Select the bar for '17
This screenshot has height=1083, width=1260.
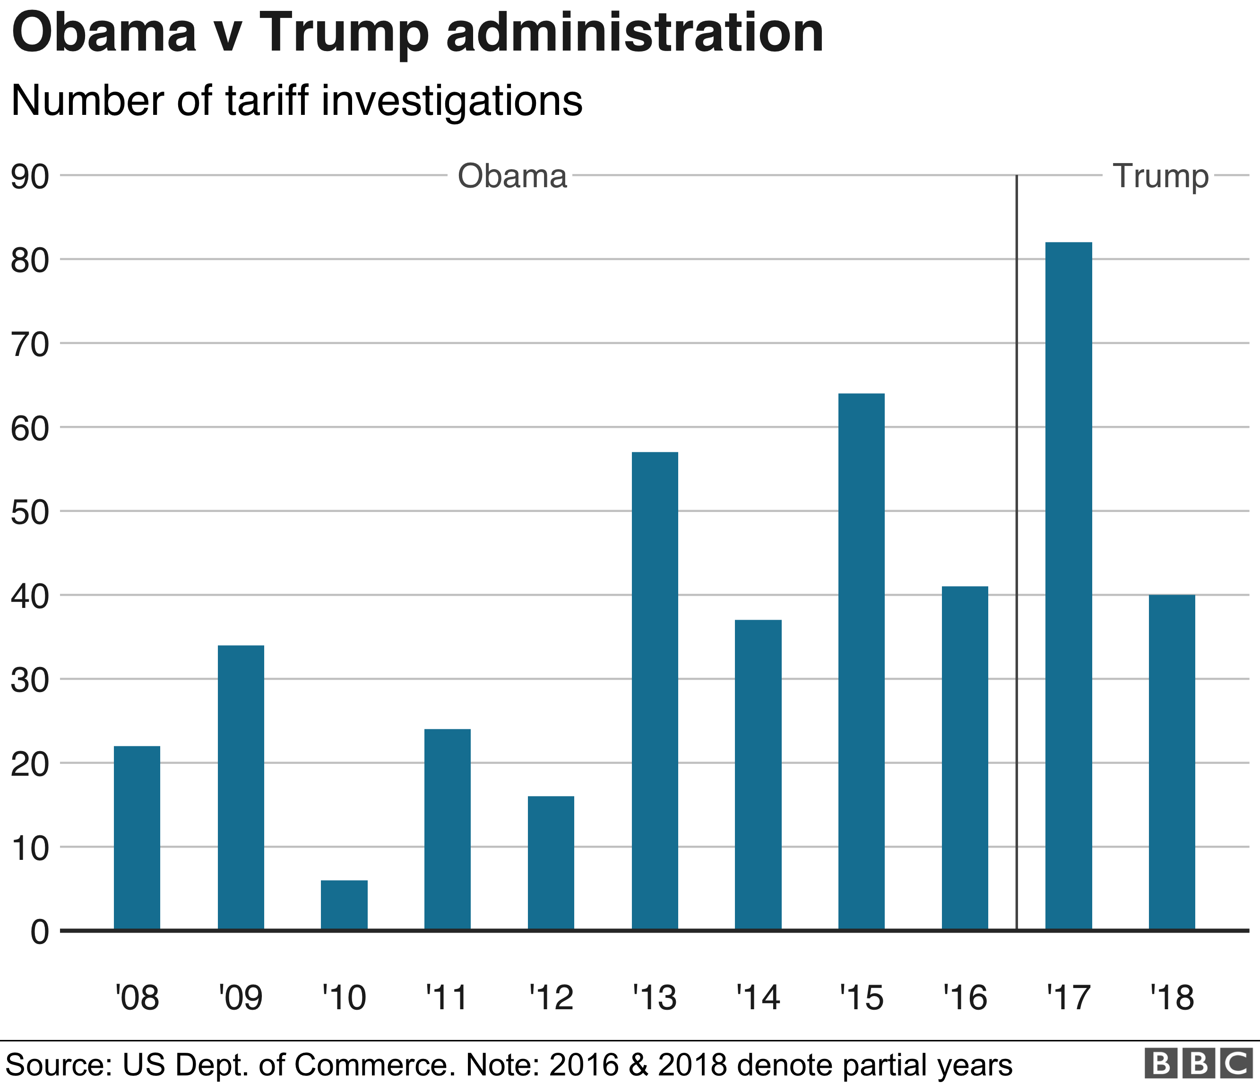1069,586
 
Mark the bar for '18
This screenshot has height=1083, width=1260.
1172,762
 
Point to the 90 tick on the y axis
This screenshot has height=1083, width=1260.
30,177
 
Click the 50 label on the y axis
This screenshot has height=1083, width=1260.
30,512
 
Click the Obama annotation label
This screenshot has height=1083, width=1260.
512,176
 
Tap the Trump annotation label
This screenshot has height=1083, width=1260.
1160,177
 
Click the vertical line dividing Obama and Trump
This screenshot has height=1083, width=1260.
1017,547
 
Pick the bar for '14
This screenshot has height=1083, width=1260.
758,775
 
